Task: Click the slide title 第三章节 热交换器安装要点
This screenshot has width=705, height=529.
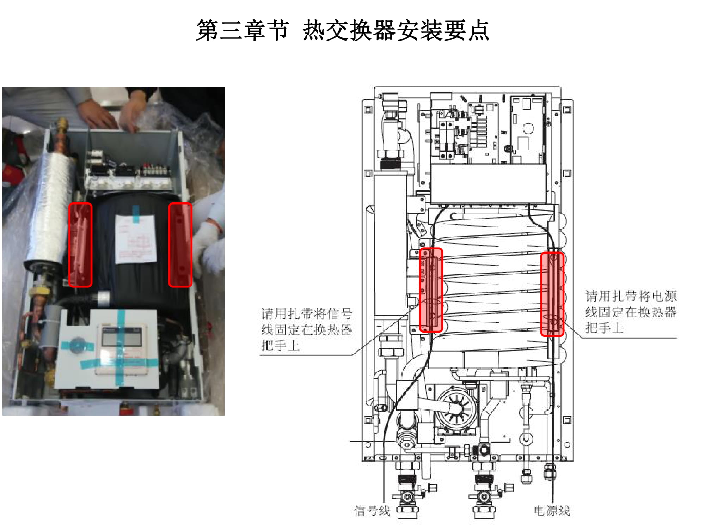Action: click(342, 30)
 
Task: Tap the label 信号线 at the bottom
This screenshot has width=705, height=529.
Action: click(372, 510)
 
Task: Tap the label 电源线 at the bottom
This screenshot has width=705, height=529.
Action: click(552, 510)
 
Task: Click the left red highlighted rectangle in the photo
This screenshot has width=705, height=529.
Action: click(80, 245)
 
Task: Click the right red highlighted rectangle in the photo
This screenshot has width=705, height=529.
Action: click(180, 245)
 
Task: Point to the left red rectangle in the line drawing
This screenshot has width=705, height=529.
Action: click(431, 290)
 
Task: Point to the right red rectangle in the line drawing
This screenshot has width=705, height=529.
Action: click(552, 294)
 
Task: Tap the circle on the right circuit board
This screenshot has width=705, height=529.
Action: click(528, 128)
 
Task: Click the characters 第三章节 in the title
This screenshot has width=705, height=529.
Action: click(243, 30)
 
